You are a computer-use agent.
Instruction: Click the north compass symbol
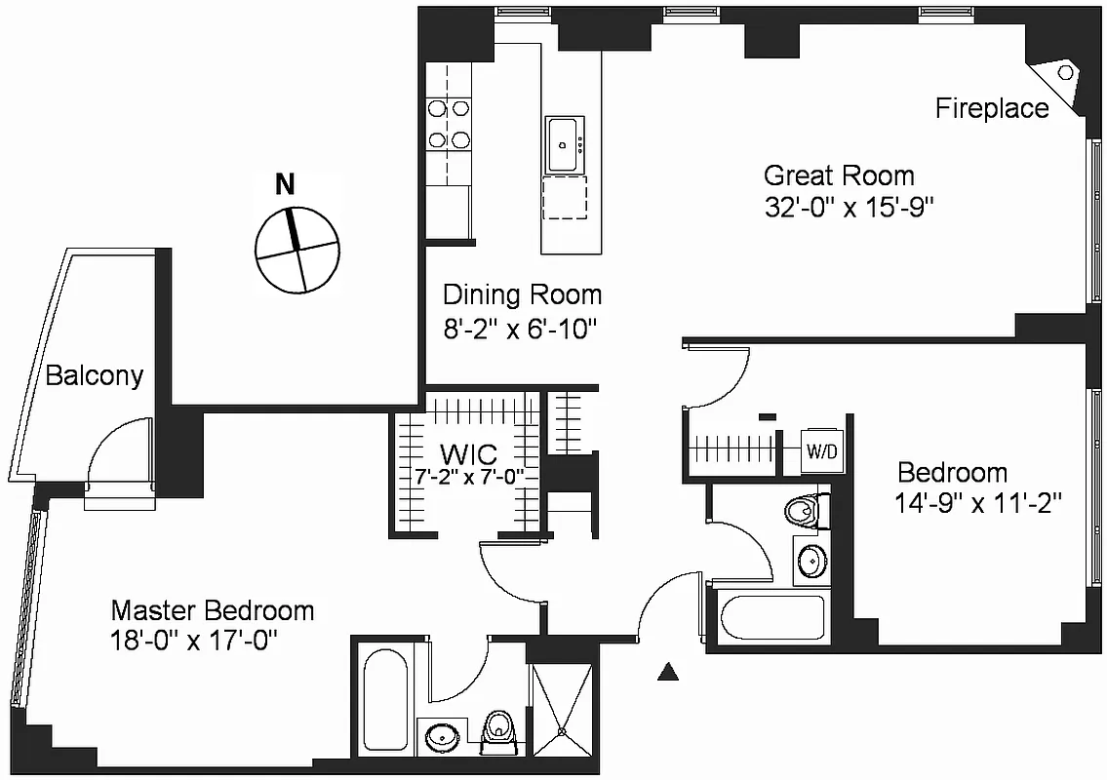coord(297,250)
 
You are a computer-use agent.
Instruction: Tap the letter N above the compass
coord(285,184)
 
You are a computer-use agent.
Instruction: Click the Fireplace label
coord(992,108)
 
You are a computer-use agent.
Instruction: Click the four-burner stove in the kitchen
coord(449,125)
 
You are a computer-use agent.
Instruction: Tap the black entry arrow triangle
coord(668,671)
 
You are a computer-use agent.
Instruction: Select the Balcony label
coord(95,375)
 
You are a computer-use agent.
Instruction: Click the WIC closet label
coord(468,454)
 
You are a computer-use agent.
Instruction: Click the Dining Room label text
coord(522,294)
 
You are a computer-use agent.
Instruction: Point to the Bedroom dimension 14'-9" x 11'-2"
coord(977,504)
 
